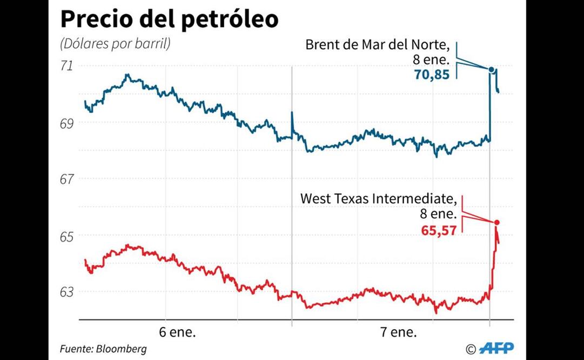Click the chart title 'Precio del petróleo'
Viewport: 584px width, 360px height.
[x=169, y=19]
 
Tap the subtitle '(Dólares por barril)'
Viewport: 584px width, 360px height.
[x=115, y=44]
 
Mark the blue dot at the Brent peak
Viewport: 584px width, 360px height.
[x=491, y=69]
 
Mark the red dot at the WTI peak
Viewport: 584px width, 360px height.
[x=496, y=223]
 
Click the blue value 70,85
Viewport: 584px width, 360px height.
[x=432, y=75]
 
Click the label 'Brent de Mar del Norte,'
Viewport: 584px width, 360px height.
[x=377, y=44]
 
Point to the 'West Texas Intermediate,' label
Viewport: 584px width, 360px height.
[x=379, y=199]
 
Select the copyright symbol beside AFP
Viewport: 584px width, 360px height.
[x=471, y=349]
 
